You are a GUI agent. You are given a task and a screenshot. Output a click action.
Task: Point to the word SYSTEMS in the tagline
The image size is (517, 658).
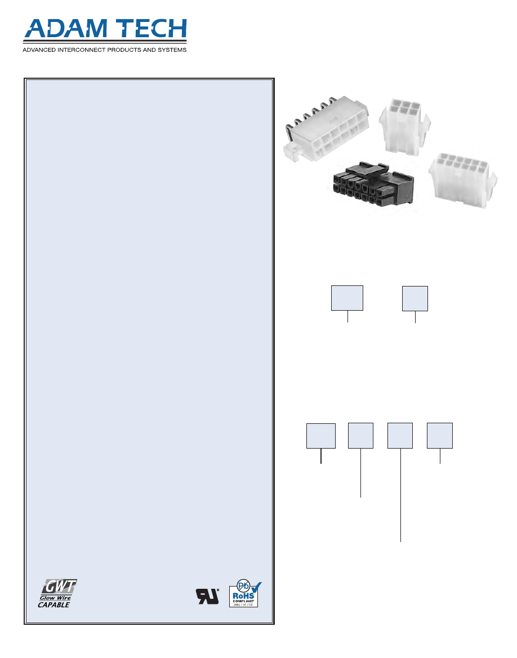170,50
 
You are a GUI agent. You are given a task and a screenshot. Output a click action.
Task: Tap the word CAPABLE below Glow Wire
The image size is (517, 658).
54,605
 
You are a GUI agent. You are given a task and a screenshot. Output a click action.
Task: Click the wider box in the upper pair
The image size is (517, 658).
347,298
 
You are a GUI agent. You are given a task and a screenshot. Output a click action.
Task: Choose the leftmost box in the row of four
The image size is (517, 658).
321,436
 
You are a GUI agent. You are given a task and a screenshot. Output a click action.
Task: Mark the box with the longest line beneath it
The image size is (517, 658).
400,436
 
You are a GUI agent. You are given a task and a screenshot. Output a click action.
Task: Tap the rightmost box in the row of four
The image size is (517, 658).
440,436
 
